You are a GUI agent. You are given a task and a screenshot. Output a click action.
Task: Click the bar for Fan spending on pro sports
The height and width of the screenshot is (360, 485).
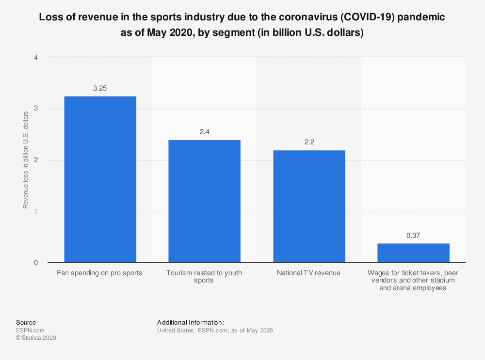click(x=100, y=179)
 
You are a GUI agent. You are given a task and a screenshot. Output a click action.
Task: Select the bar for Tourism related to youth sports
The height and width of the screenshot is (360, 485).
click(x=204, y=201)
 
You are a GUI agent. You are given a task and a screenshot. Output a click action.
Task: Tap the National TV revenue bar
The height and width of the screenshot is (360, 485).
click(x=309, y=206)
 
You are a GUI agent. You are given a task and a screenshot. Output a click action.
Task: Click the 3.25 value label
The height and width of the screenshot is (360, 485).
click(x=100, y=88)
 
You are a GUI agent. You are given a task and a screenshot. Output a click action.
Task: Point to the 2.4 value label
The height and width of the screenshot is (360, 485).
click(x=204, y=132)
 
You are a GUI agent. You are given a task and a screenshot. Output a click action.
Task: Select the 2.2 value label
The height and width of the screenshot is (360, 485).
click(x=309, y=142)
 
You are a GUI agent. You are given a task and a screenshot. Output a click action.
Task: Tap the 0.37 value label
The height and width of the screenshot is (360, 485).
click(x=413, y=235)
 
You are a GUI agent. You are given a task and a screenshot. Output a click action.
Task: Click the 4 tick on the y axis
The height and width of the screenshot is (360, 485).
click(x=36, y=57)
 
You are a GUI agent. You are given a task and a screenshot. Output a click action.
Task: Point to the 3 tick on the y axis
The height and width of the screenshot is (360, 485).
click(x=36, y=109)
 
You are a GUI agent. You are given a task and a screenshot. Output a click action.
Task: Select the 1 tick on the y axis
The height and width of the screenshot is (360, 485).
click(x=36, y=211)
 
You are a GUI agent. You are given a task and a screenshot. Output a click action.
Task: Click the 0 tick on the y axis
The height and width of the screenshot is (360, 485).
click(x=36, y=263)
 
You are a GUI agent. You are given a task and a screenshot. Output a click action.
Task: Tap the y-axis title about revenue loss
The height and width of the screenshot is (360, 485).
click(x=25, y=160)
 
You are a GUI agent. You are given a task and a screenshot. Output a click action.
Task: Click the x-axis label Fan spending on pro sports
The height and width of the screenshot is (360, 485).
click(x=100, y=273)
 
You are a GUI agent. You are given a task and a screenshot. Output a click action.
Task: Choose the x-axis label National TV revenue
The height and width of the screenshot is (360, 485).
click(x=309, y=273)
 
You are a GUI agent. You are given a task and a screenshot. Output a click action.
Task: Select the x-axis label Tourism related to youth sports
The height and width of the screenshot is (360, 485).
click(x=204, y=277)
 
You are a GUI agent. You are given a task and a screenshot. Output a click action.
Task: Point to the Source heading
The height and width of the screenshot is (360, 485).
click(x=26, y=322)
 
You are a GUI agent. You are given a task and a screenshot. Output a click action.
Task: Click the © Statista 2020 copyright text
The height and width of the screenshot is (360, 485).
click(x=36, y=338)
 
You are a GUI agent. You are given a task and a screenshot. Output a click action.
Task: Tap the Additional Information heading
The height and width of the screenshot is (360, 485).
click(x=190, y=322)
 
